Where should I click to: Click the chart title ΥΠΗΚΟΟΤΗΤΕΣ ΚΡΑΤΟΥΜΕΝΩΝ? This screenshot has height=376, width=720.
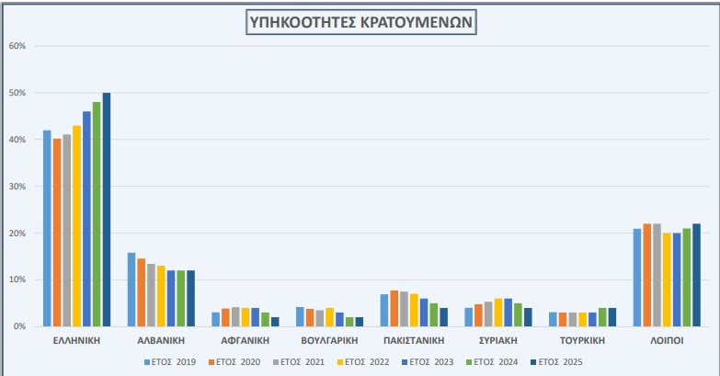click(361, 22)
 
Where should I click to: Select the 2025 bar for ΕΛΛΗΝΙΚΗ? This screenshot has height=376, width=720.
click(107, 210)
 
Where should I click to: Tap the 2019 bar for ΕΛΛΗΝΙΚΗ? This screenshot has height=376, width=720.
click(47, 228)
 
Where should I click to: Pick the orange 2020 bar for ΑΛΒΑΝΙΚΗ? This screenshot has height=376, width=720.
click(141, 292)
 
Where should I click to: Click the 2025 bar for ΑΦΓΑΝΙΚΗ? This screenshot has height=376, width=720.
click(275, 322)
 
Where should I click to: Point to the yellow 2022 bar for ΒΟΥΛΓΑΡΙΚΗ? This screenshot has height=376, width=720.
click(330, 317)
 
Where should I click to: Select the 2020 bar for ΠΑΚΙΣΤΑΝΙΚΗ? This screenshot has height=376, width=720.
click(394, 309)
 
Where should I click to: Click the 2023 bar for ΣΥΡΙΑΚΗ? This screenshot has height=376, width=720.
click(508, 313)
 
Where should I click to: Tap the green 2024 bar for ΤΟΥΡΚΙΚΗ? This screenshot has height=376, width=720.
click(602, 317)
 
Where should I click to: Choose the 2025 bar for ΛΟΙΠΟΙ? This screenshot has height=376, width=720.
click(697, 275)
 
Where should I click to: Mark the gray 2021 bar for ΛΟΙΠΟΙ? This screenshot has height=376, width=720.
click(657, 275)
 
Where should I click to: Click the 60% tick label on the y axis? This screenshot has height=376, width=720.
click(17, 46)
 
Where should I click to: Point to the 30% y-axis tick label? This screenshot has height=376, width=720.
click(17, 187)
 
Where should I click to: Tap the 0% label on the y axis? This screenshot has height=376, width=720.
click(19, 326)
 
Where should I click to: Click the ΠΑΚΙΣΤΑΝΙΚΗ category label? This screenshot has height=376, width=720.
click(414, 341)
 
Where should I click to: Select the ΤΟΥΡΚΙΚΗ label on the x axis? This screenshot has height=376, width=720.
click(582, 341)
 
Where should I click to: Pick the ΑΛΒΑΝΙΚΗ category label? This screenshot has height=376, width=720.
click(161, 341)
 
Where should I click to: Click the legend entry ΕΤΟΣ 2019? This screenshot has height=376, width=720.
click(170, 362)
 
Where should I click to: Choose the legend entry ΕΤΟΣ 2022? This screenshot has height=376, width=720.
click(363, 362)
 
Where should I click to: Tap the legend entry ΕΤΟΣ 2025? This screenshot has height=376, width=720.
click(556, 362)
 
